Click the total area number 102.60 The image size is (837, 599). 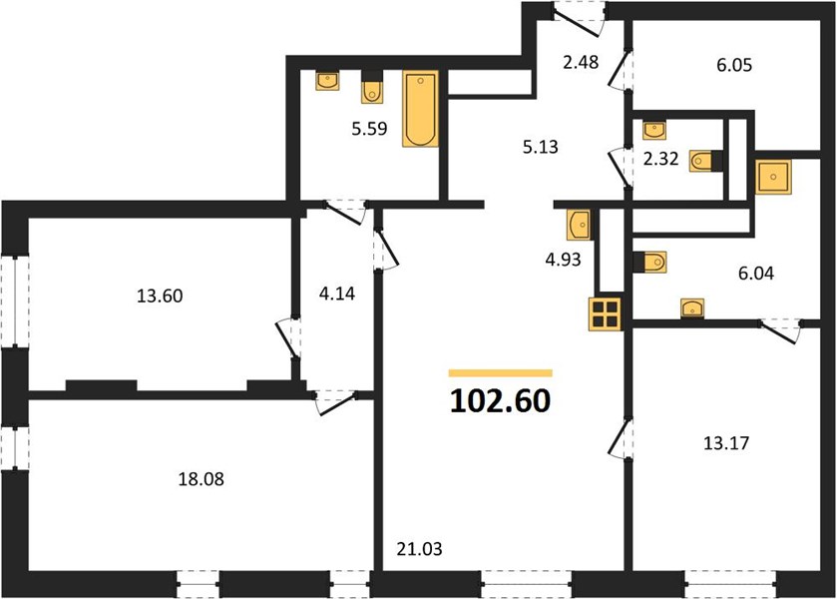pos(500,401)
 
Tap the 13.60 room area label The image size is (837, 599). pos(160,296)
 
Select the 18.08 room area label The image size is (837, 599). pos(201,479)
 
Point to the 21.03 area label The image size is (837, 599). pos(420,549)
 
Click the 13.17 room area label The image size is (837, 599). pos(726,443)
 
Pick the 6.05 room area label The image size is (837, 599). pos(734,65)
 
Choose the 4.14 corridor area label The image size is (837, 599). pos(337,294)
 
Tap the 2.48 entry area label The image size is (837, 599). pos(581,63)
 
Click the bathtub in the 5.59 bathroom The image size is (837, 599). pos(421,109)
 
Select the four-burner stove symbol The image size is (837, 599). pos(606,313)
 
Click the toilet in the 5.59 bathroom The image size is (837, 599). pos(372,87)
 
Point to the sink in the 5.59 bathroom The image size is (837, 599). pos(326,81)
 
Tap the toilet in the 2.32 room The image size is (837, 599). pos(705,161)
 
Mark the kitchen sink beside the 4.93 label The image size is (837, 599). pos(579,225)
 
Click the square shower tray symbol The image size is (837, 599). pos(773,177)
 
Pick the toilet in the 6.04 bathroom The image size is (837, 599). pos(649,262)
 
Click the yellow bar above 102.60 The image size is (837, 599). pos(500,373)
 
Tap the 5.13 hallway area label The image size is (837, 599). pos(540,147)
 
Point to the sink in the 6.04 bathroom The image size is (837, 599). pos(692,308)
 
